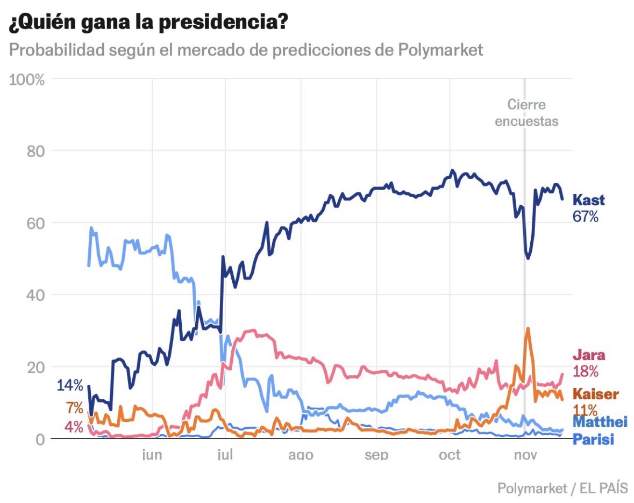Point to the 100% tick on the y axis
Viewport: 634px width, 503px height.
[27, 79]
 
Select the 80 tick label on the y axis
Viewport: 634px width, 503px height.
[35, 151]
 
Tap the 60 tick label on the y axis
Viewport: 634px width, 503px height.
[35, 223]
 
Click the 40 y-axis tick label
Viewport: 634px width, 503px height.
[35, 295]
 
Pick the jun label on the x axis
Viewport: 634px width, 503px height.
[152, 455]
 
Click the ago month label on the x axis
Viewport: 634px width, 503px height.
[301, 455]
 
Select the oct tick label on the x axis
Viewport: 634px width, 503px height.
[450, 455]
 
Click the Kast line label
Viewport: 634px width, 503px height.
[588, 200]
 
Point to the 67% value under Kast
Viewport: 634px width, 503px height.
[585, 217]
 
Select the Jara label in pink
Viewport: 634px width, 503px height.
[589, 355]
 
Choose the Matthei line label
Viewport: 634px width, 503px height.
[600, 422]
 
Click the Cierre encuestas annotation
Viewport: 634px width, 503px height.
[526, 113]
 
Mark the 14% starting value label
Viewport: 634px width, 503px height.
[70, 385]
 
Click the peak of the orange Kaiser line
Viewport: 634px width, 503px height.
[528, 328]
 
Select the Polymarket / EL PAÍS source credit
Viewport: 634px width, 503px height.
[562, 488]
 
